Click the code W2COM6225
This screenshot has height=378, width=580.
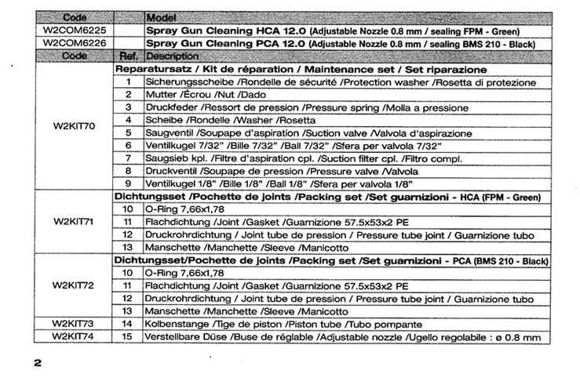click(74, 31)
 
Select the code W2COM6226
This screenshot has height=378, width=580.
click(74, 43)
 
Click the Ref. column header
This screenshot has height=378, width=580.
click(129, 56)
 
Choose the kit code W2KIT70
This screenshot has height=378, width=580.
click(74, 125)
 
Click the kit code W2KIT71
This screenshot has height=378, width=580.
click(74, 222)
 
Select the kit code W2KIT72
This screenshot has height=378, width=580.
click(74, 285)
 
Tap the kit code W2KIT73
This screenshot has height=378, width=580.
click(74, 324)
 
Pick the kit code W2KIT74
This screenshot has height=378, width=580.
click(74, 336)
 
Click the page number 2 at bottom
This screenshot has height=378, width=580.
click(36, 363)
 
